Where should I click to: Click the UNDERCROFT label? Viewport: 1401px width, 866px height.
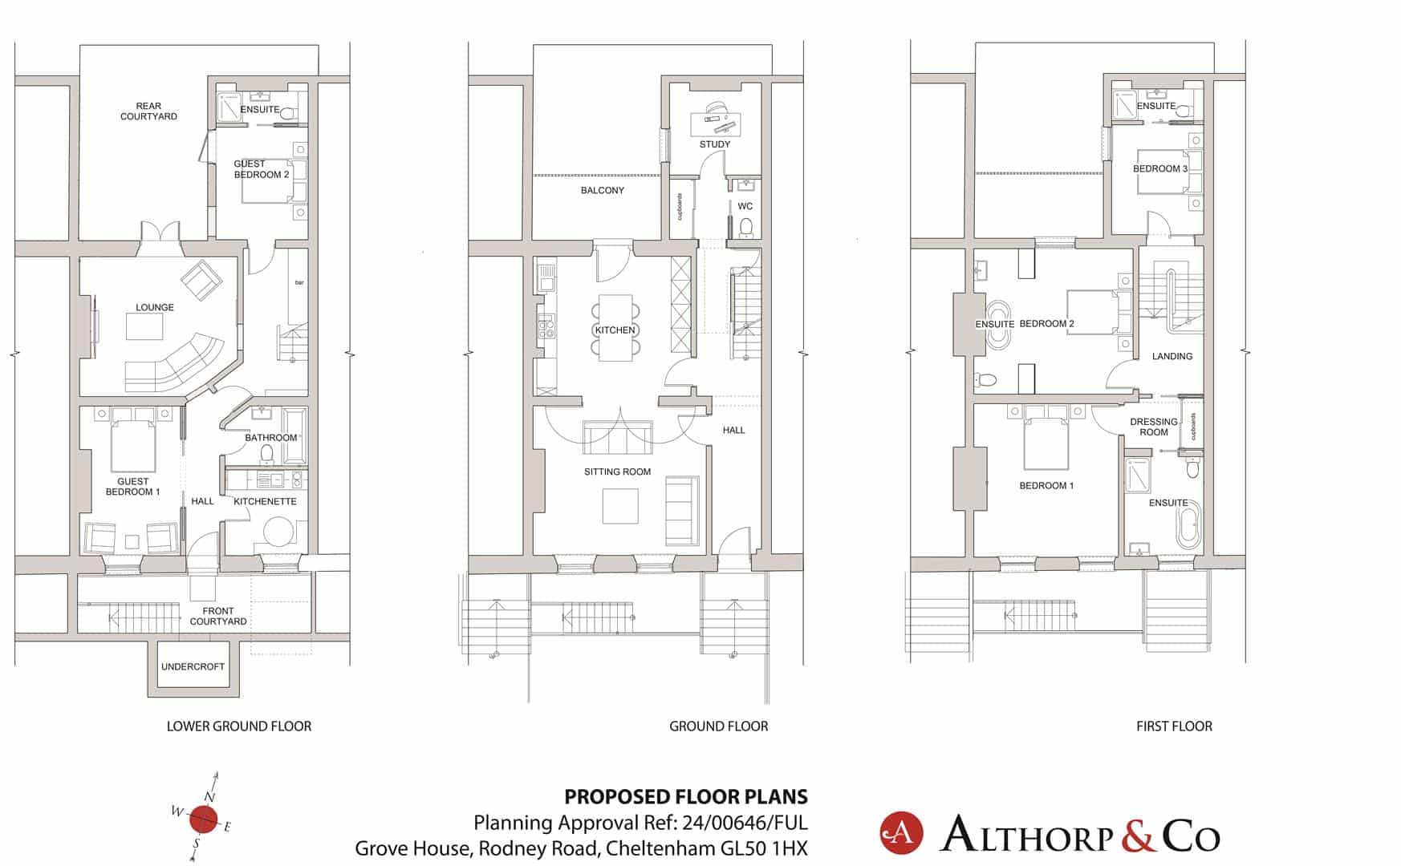coord(193,666)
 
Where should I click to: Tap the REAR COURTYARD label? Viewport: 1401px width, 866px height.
coord(148,111)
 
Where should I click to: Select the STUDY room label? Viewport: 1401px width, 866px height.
coord(715,144)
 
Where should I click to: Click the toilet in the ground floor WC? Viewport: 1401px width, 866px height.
coord(746,227)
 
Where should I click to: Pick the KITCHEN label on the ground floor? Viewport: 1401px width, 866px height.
coord(615,330)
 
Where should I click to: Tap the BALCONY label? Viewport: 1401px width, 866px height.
coord(602,191)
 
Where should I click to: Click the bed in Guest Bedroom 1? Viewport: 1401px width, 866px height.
coord(133,447)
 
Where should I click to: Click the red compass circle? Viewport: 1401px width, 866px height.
coord(204,819)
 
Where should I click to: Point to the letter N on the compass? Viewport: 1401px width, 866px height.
coord(209,796)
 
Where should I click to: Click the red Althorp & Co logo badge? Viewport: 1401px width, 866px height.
coord(901,833)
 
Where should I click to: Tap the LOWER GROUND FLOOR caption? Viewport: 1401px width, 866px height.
coord(239,726)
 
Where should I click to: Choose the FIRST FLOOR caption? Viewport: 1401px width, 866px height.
coord(1174,726)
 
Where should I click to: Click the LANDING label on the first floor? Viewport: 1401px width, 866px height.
coord(1172,356)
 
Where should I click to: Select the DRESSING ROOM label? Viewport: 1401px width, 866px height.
coord(1154,427)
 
